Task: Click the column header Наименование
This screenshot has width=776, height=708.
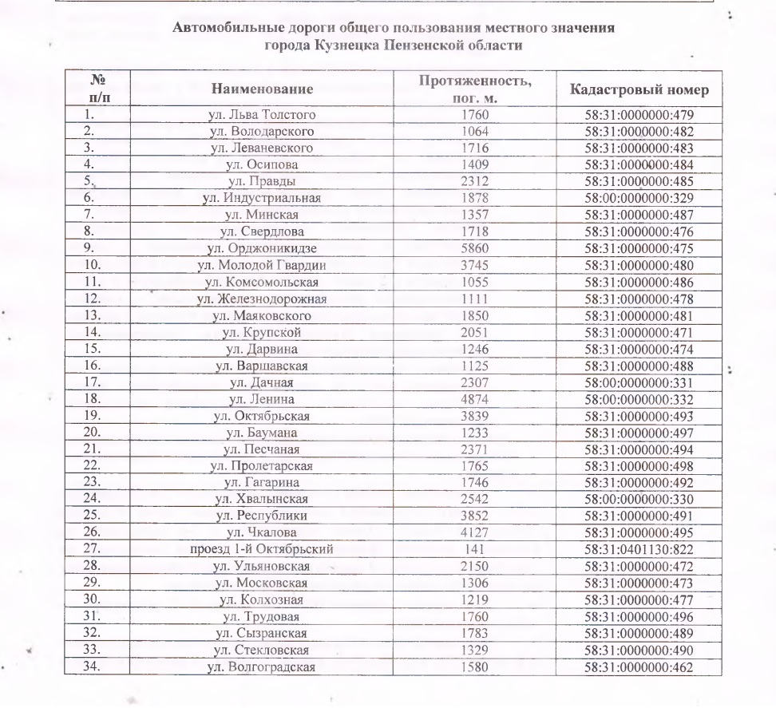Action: (262, 89)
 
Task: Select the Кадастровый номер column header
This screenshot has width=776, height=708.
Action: (639, 89)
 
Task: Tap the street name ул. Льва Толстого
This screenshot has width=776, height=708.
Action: (262, 115)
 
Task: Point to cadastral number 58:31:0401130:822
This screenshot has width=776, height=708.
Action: (639, 549)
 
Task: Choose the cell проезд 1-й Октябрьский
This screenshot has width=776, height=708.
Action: (262, 549)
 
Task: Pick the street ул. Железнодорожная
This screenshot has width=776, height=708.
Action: (262, 299)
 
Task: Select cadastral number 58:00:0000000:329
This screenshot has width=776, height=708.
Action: (639, 198)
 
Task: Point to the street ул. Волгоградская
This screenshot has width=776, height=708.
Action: (262, 666)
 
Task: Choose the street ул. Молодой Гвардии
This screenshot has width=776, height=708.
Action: (262, 265)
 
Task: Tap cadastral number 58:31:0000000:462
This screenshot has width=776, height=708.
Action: (639, 666)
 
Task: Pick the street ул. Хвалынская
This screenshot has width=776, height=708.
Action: (262, 499)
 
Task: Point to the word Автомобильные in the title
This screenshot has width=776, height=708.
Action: (222, 28)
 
